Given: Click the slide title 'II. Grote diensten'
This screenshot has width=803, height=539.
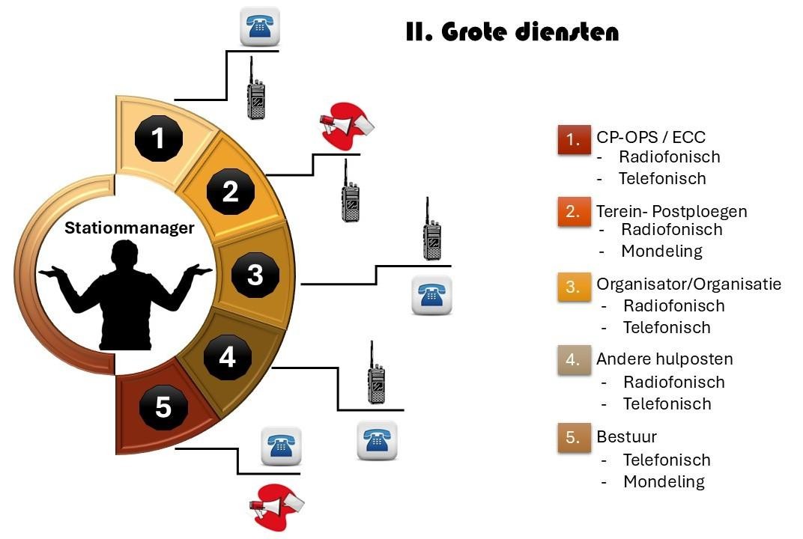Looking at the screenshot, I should point(512,33).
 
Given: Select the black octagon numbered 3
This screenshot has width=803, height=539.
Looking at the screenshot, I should point(255,275).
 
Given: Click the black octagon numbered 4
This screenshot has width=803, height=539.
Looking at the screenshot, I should point(227,357).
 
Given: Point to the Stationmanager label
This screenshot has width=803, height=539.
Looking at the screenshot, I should point(128,228).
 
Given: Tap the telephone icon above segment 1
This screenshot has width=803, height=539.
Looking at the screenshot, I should point(259,27).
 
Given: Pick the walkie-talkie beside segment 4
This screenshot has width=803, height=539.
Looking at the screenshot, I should point(375,372).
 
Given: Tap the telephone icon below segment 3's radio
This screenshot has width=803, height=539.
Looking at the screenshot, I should point(432,294).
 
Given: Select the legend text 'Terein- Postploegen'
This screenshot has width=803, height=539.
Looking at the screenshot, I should point(671,210).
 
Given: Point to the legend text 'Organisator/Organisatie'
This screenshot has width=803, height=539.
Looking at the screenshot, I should point(688,284).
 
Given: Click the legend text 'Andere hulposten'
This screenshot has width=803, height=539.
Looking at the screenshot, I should point(664,359).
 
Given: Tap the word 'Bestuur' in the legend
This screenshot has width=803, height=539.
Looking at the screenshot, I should point(626,436).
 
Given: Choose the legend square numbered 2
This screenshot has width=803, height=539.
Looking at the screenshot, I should point(574,212).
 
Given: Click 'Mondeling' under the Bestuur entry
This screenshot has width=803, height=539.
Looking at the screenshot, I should point(664,481).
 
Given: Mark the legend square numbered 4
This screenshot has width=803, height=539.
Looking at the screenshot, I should point(574,360).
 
